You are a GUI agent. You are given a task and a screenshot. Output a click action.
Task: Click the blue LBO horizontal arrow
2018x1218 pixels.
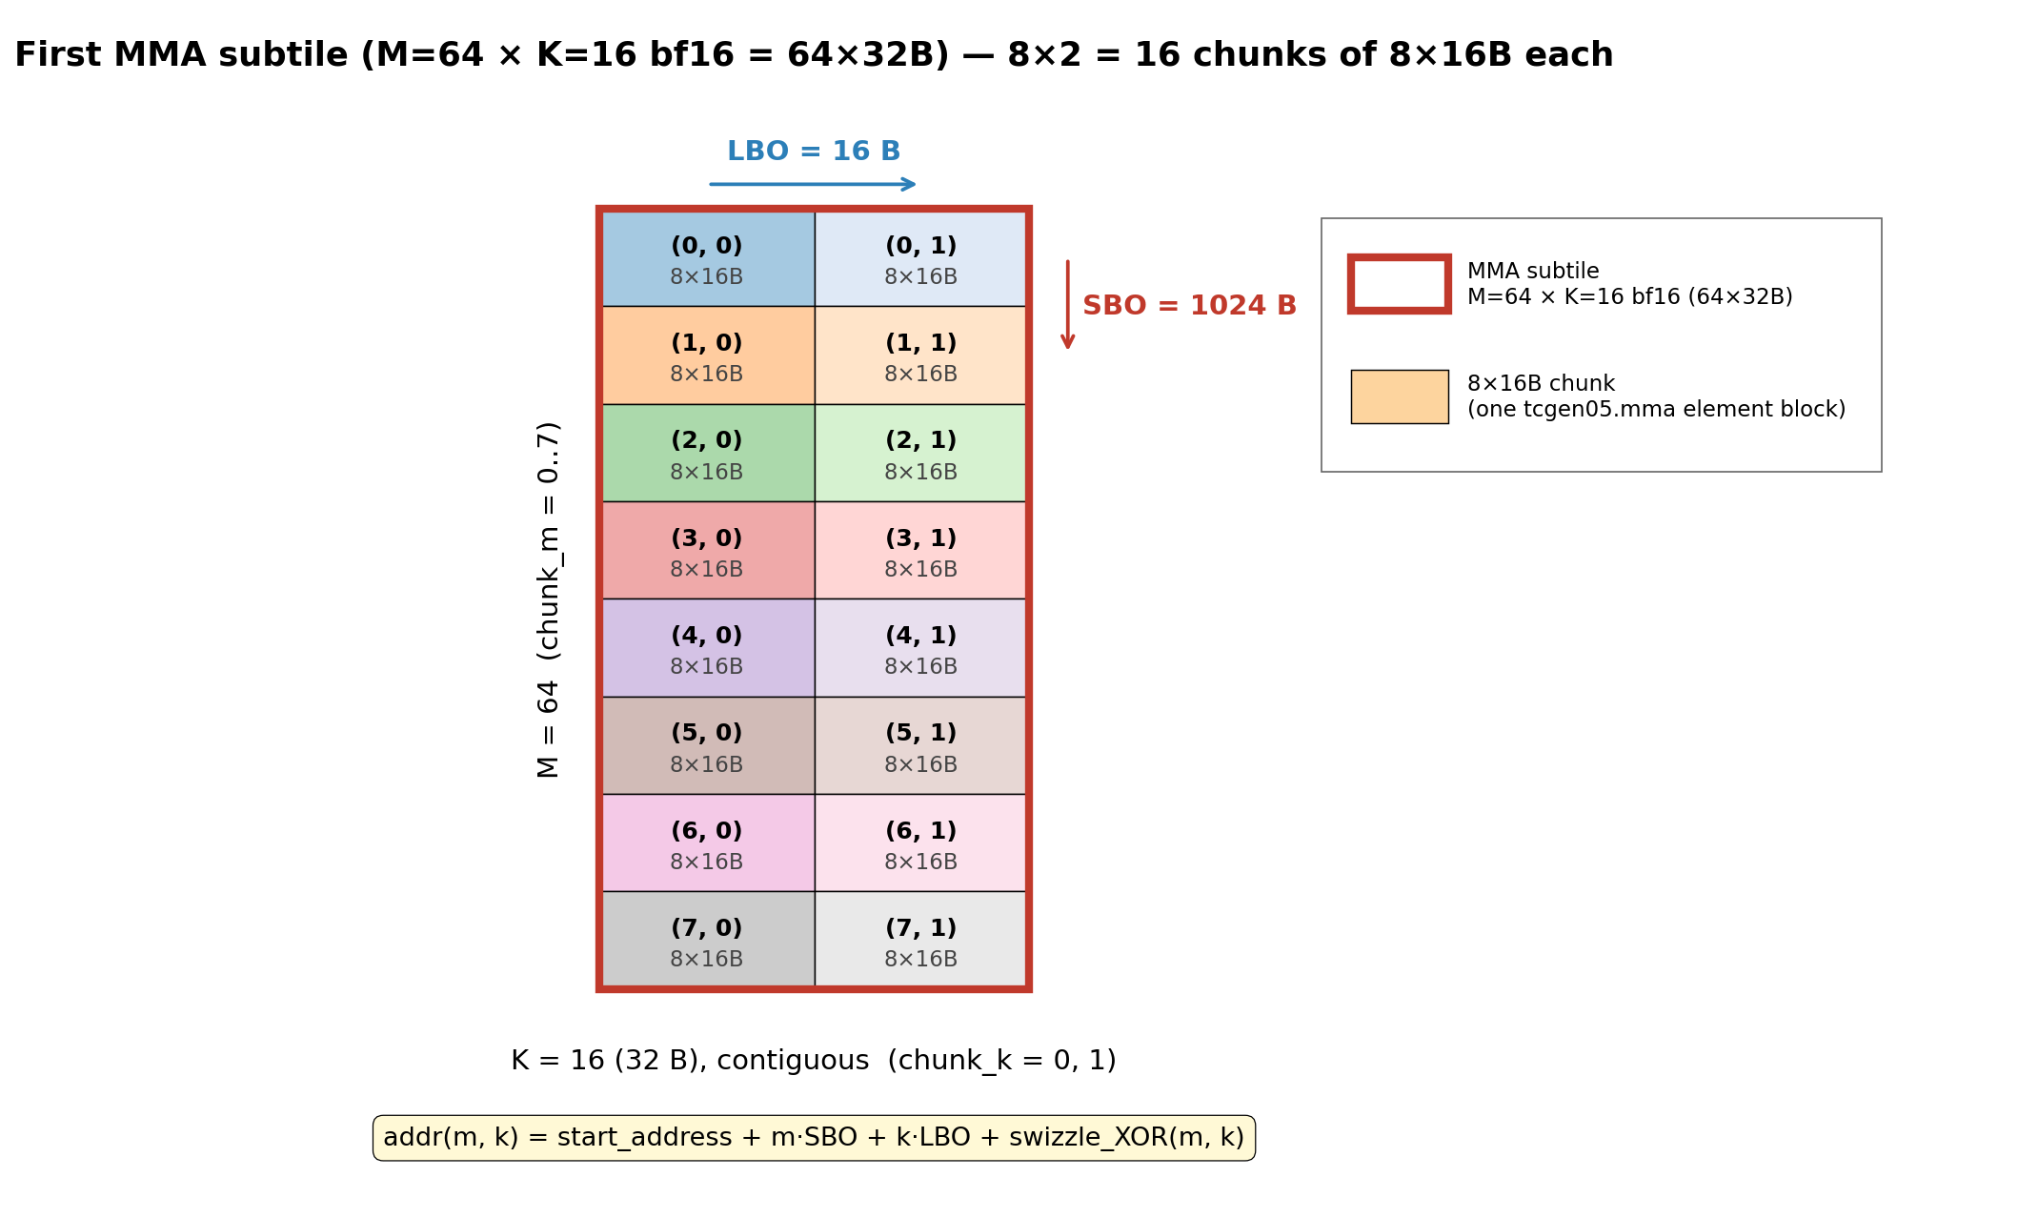tap(813, 184)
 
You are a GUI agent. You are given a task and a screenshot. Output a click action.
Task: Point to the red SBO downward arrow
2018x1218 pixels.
tap(1068, 305)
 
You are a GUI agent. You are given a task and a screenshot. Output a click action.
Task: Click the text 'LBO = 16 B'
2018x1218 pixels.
tap(814, 152)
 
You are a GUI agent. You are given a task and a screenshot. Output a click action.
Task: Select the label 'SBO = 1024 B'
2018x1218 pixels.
tap(1189, 306)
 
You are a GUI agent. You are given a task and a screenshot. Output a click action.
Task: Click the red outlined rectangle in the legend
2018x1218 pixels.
tap(1400, 257)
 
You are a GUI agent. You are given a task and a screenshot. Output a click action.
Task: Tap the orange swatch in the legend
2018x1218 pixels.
tap(1400, 396)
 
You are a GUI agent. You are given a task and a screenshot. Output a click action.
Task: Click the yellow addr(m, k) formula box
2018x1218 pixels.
tap(814, 1138)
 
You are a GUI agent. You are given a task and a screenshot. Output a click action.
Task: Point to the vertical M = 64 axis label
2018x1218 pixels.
tap(549, 599)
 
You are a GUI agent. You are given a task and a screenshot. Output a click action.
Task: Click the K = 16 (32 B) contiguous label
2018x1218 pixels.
tap(814, 1061)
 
